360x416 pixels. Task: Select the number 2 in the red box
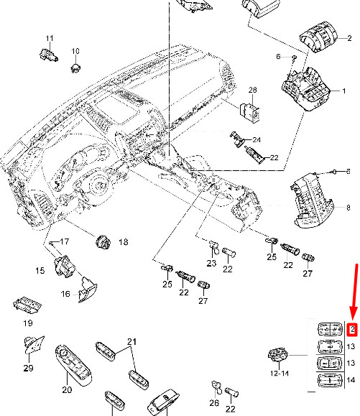tap(351, 330)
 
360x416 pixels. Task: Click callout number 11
tap(50, 38)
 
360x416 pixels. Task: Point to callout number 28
tap(252, 90)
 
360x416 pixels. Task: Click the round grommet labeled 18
tap(102, 241)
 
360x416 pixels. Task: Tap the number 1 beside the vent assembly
tap(343, 91)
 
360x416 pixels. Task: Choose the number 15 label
tap(40, 270)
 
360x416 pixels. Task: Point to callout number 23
tap(211, 264)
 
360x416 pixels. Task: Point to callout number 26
tap(213, 403)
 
